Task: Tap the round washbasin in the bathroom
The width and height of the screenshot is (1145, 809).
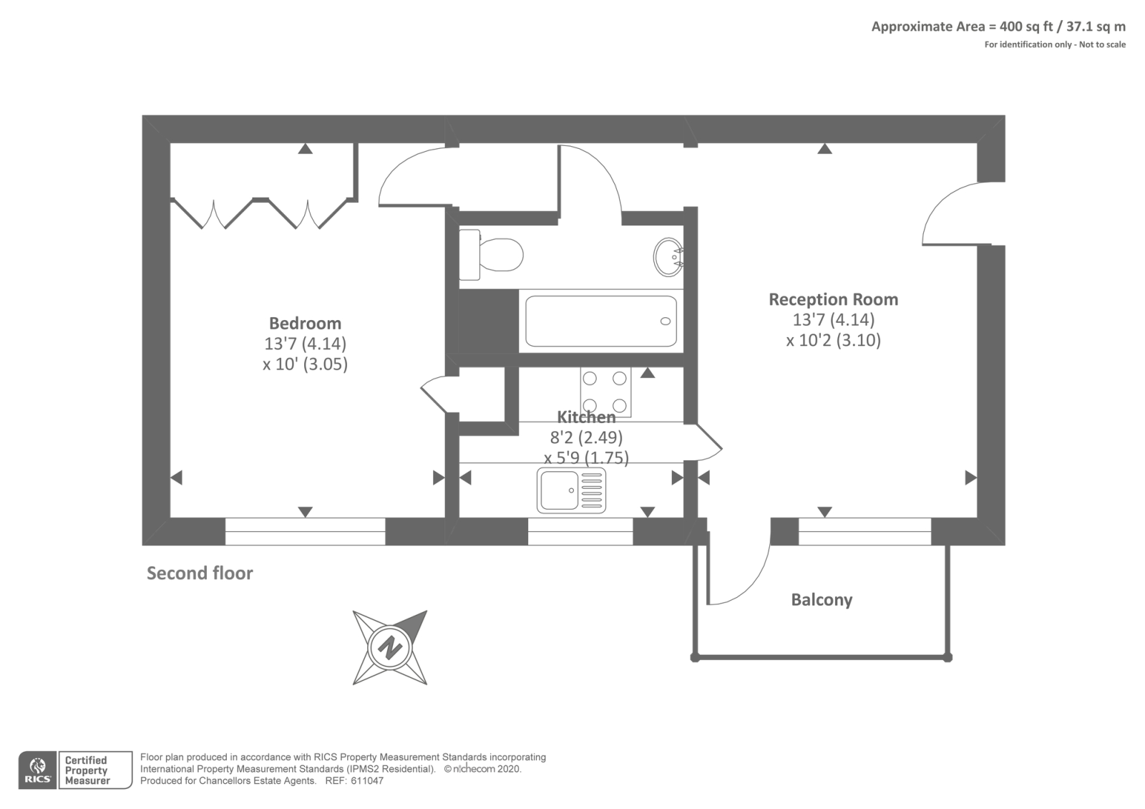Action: [668, 256]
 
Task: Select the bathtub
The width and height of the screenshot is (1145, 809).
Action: [600, 321]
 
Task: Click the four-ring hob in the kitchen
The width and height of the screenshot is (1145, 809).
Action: [605, 392]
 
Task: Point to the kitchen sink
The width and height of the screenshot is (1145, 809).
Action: [571, 490]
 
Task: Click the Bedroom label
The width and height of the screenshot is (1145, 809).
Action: [305, 323]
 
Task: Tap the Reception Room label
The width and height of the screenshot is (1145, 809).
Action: [833, 299]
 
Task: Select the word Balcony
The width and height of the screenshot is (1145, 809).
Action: [822, 600]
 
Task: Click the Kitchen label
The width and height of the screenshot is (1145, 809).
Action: [586, 417]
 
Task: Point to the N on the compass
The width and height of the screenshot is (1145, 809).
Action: [390, 647]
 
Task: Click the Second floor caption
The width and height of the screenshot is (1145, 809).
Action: [200, 573]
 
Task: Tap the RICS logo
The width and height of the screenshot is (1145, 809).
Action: [37, 770]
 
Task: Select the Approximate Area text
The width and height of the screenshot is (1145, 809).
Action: [998, 27]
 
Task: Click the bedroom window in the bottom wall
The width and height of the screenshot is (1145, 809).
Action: [305, 531]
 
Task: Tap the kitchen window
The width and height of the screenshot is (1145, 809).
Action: [580, 531]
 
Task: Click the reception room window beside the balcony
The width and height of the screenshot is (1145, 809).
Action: [864, 531]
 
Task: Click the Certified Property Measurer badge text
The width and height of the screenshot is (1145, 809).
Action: [87, 770]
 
